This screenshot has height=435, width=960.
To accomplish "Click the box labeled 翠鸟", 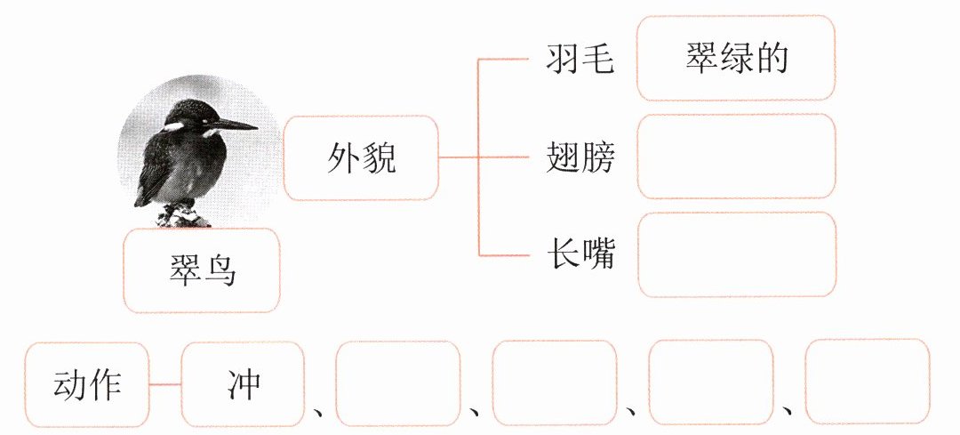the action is coord(203,270).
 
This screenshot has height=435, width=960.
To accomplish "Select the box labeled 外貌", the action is coord(361,158).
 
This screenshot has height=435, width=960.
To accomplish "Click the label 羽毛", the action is coord(580,60).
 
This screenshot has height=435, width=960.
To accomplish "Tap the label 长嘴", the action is coord(580,255).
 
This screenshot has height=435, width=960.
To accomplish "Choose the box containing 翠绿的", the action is coord(737,58).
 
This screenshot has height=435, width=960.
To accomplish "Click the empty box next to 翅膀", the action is coord(737,157).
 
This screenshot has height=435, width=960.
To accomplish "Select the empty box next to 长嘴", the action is coord(737,254).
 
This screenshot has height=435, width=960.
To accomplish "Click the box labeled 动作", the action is coord(87,384).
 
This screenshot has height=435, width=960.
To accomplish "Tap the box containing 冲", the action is coord(243,384).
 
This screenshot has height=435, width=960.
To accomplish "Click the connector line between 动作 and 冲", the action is coord(165,384).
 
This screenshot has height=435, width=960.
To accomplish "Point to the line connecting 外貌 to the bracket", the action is coord(459,158).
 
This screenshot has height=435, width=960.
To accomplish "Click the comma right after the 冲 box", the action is coord(318,411).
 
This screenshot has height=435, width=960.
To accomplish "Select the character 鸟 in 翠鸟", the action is coord(220,270).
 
